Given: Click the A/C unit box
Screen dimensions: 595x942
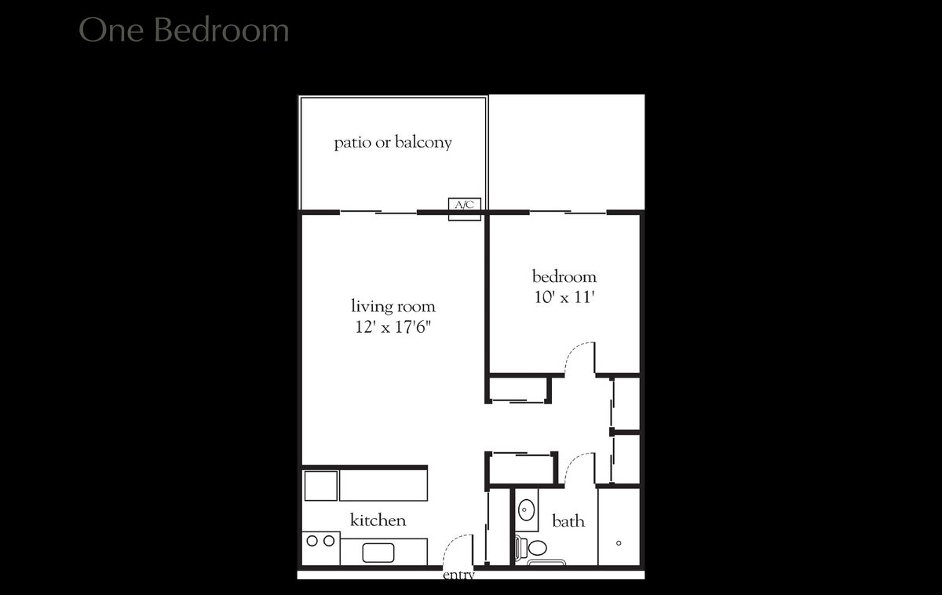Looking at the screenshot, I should coord(464,206).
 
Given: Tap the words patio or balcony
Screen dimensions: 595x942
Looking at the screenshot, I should coord(392,143).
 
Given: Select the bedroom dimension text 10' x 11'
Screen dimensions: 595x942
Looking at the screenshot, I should coord(564,297).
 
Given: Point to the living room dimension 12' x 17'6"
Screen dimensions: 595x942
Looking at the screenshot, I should coord(392,327).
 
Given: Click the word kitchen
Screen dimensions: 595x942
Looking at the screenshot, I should coord(378,520).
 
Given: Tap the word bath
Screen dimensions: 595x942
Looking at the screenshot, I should coord(568,521).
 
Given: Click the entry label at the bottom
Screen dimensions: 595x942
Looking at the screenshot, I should coord(458,575).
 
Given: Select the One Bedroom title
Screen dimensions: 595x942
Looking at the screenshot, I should coord(184,31).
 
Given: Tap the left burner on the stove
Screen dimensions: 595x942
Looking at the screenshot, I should coord(312,541).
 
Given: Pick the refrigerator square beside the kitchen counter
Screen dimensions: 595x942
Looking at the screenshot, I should coord(320,485).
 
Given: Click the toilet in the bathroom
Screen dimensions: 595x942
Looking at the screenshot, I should coord(537,547).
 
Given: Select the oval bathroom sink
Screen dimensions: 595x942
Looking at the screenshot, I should coord(527,511).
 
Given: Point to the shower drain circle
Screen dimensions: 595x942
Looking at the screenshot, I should coord(619,543).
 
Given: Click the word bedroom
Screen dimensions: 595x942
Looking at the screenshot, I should coord(564,277).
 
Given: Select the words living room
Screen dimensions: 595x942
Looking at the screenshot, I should coord(392,306).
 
